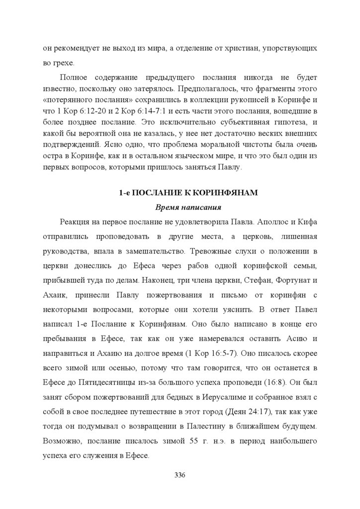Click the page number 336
180,475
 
